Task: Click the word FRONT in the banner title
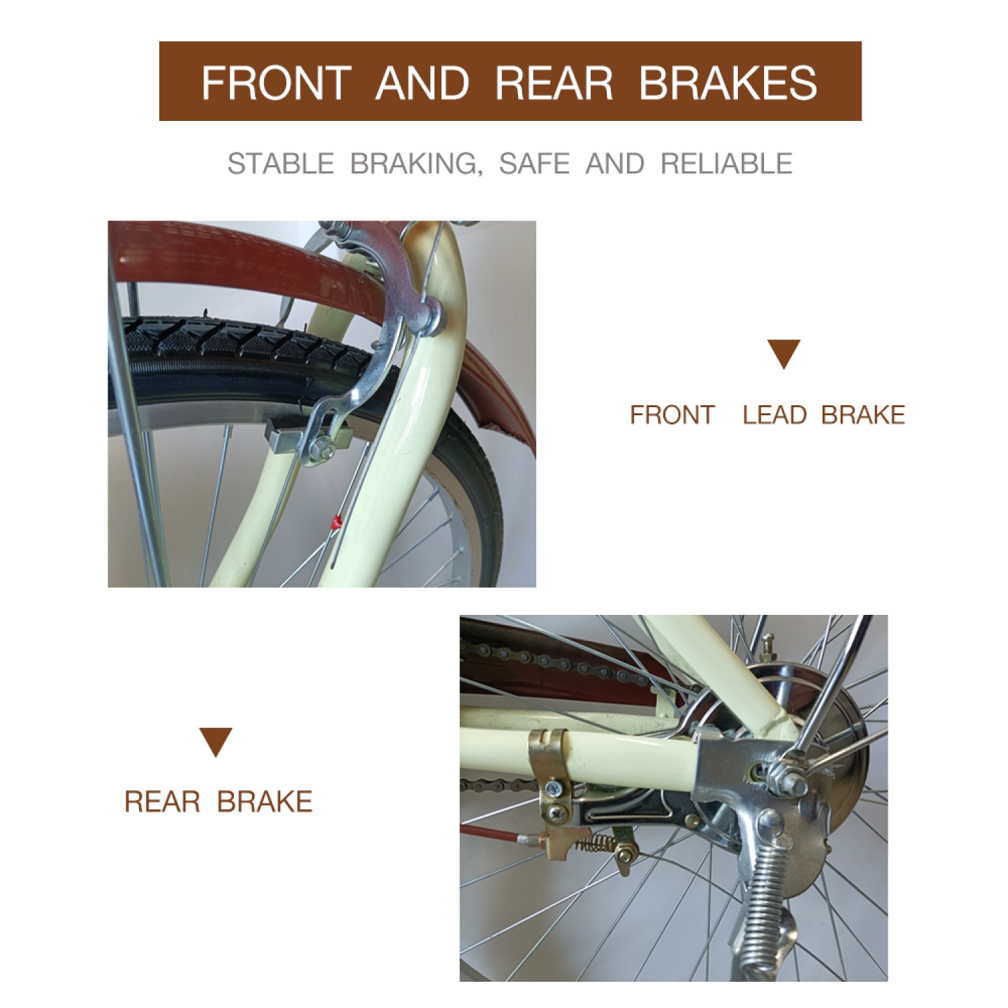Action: (276, 83)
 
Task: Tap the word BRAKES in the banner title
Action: (728, 83)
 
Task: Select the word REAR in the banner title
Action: (554, 83)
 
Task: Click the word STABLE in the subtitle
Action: (280, 163)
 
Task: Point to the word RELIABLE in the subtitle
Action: (726, 163)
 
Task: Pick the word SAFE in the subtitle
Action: (534, 163)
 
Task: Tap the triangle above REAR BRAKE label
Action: (216, 742)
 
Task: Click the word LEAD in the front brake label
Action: (774, 415)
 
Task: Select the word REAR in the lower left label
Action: (163, 801)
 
